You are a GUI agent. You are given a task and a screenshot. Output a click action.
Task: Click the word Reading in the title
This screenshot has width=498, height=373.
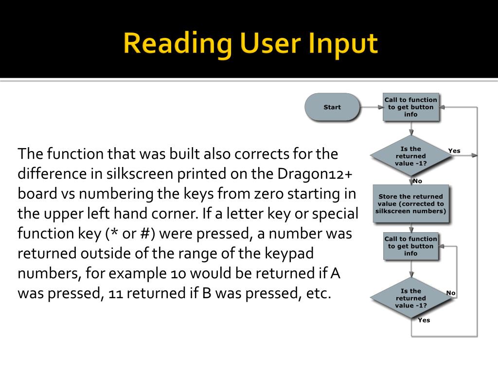[177, 43]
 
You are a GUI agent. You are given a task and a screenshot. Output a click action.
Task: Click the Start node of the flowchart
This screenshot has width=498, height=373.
[332, 107]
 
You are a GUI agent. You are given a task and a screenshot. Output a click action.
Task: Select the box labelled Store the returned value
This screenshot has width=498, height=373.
[411, 203]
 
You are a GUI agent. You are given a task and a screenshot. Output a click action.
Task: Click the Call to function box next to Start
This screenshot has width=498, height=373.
[411, 107]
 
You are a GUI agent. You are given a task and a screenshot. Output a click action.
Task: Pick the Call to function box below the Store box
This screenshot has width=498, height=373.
[411, 246]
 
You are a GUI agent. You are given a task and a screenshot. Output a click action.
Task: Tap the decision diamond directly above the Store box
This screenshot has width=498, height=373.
[411, 156]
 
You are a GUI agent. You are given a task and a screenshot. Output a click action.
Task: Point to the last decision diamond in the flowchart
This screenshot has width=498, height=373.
[411, 298]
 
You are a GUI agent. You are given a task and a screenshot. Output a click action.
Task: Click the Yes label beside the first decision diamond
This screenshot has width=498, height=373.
[454, 151]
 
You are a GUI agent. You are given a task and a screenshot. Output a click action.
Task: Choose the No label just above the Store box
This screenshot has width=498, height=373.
[417, 181]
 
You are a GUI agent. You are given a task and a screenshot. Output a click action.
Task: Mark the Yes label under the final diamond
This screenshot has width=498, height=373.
[424, 320]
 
